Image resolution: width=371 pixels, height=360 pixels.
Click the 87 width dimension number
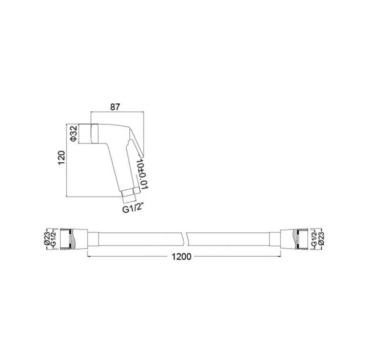point(114,107)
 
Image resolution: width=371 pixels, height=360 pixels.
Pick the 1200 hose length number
point(181,257)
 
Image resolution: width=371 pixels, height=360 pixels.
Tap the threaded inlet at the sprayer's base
point(129,194)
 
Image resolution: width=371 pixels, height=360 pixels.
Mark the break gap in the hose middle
point(187,238)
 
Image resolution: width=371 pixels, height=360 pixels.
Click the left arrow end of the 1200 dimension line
point(88,257)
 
